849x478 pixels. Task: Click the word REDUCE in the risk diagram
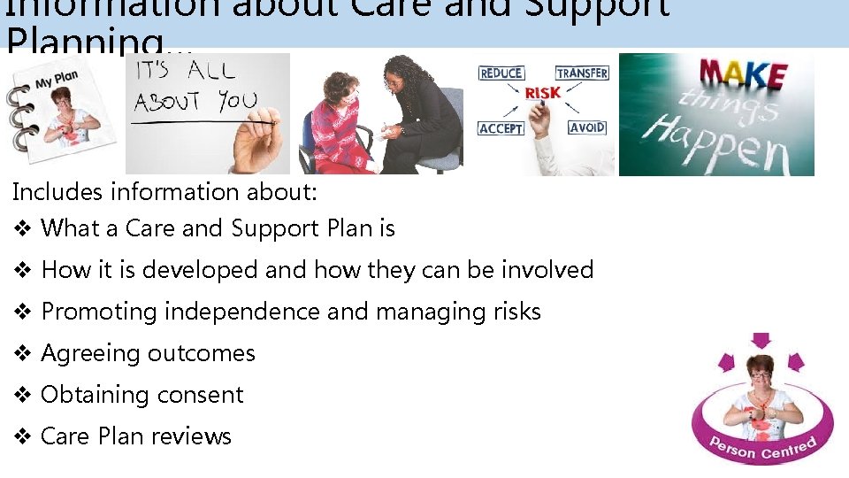(501, 73)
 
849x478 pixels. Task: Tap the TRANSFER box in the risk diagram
(582, 73)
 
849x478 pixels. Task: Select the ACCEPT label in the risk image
(501, 128)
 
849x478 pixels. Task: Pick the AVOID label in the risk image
(587, 127)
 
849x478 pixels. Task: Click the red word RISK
(542, 93)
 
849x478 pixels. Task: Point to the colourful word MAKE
(743, 74)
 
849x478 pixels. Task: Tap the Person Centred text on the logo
(762, 448)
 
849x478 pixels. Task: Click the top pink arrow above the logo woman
(760, 341)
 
